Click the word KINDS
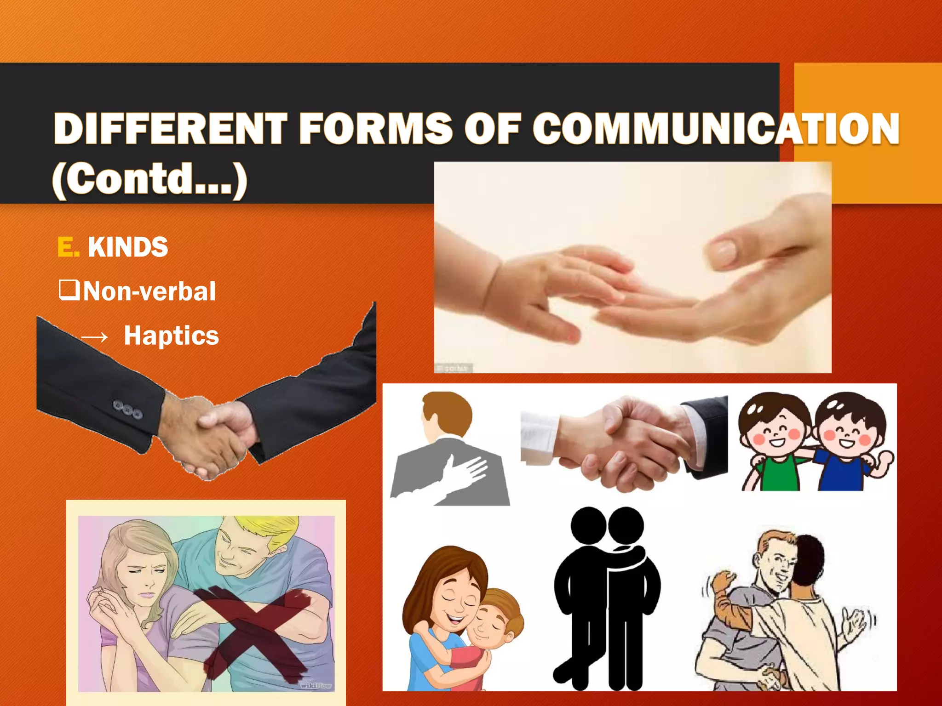(128, 247)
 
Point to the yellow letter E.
(67, 247)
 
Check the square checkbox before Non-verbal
(69, 290)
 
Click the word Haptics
(171, 335)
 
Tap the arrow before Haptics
(94, 337)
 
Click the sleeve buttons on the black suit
(127, 409)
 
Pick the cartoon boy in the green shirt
(775, 441)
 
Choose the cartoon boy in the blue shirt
(849, 441)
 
